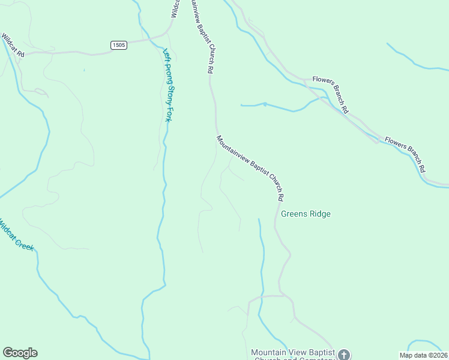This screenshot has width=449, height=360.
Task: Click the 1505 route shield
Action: (x=119, y=46)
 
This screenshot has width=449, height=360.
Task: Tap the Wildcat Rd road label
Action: (x=12, y=45)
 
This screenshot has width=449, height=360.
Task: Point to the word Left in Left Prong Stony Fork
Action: (x=166, y=53)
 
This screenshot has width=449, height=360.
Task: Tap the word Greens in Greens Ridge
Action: (x=295, y=214)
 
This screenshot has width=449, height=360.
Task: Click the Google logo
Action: (x=20, y=353)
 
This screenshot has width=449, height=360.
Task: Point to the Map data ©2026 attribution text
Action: (x=424, y=355)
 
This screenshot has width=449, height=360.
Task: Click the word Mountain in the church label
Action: (x=268, y=352)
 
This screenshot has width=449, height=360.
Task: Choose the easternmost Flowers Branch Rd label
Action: (x=406, y=154)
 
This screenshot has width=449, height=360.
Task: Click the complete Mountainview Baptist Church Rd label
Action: (x=250, y=167)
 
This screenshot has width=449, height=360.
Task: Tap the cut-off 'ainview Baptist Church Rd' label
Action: (x=202, y=36)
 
